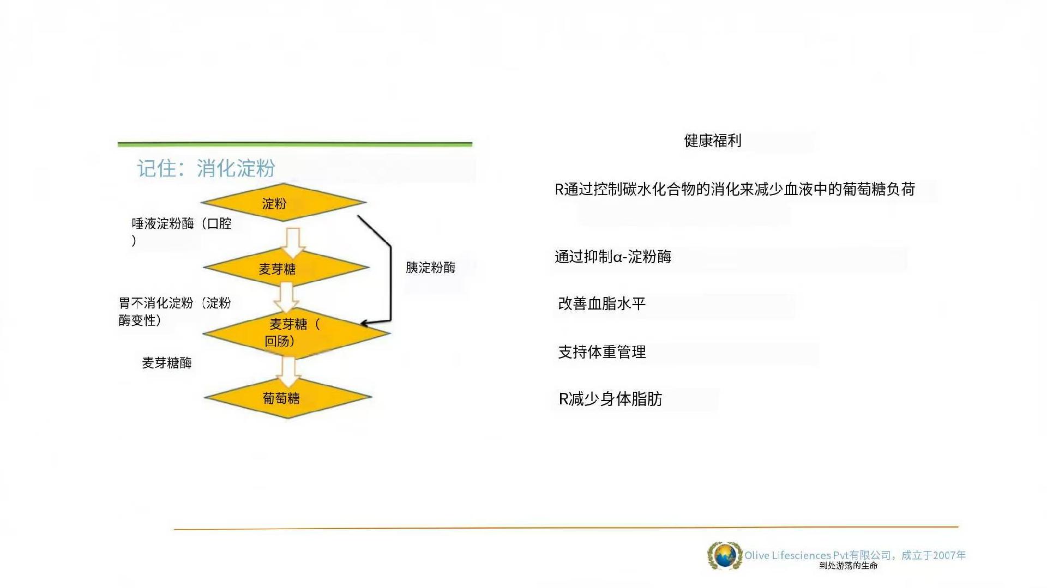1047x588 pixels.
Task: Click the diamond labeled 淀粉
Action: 284,202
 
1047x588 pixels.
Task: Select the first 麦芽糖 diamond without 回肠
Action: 286,268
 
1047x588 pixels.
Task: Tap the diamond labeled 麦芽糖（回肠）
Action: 297,332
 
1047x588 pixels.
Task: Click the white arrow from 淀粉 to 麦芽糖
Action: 293,242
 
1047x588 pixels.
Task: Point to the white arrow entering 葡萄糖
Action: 288,371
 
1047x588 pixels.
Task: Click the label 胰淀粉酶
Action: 430,268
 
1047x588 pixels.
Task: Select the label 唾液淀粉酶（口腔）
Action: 182,232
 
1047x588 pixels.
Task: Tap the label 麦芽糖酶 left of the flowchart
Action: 167,363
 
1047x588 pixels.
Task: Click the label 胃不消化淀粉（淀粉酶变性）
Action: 175,311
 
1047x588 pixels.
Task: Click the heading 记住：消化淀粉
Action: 206,168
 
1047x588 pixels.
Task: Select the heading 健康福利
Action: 713,141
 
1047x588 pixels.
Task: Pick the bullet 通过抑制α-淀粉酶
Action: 613,257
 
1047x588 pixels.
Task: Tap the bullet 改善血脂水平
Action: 602,304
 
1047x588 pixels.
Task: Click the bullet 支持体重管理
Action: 602,352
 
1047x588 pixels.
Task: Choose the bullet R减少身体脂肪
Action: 611,399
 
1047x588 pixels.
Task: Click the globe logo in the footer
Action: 725,556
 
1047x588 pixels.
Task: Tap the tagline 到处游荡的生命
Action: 849,566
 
